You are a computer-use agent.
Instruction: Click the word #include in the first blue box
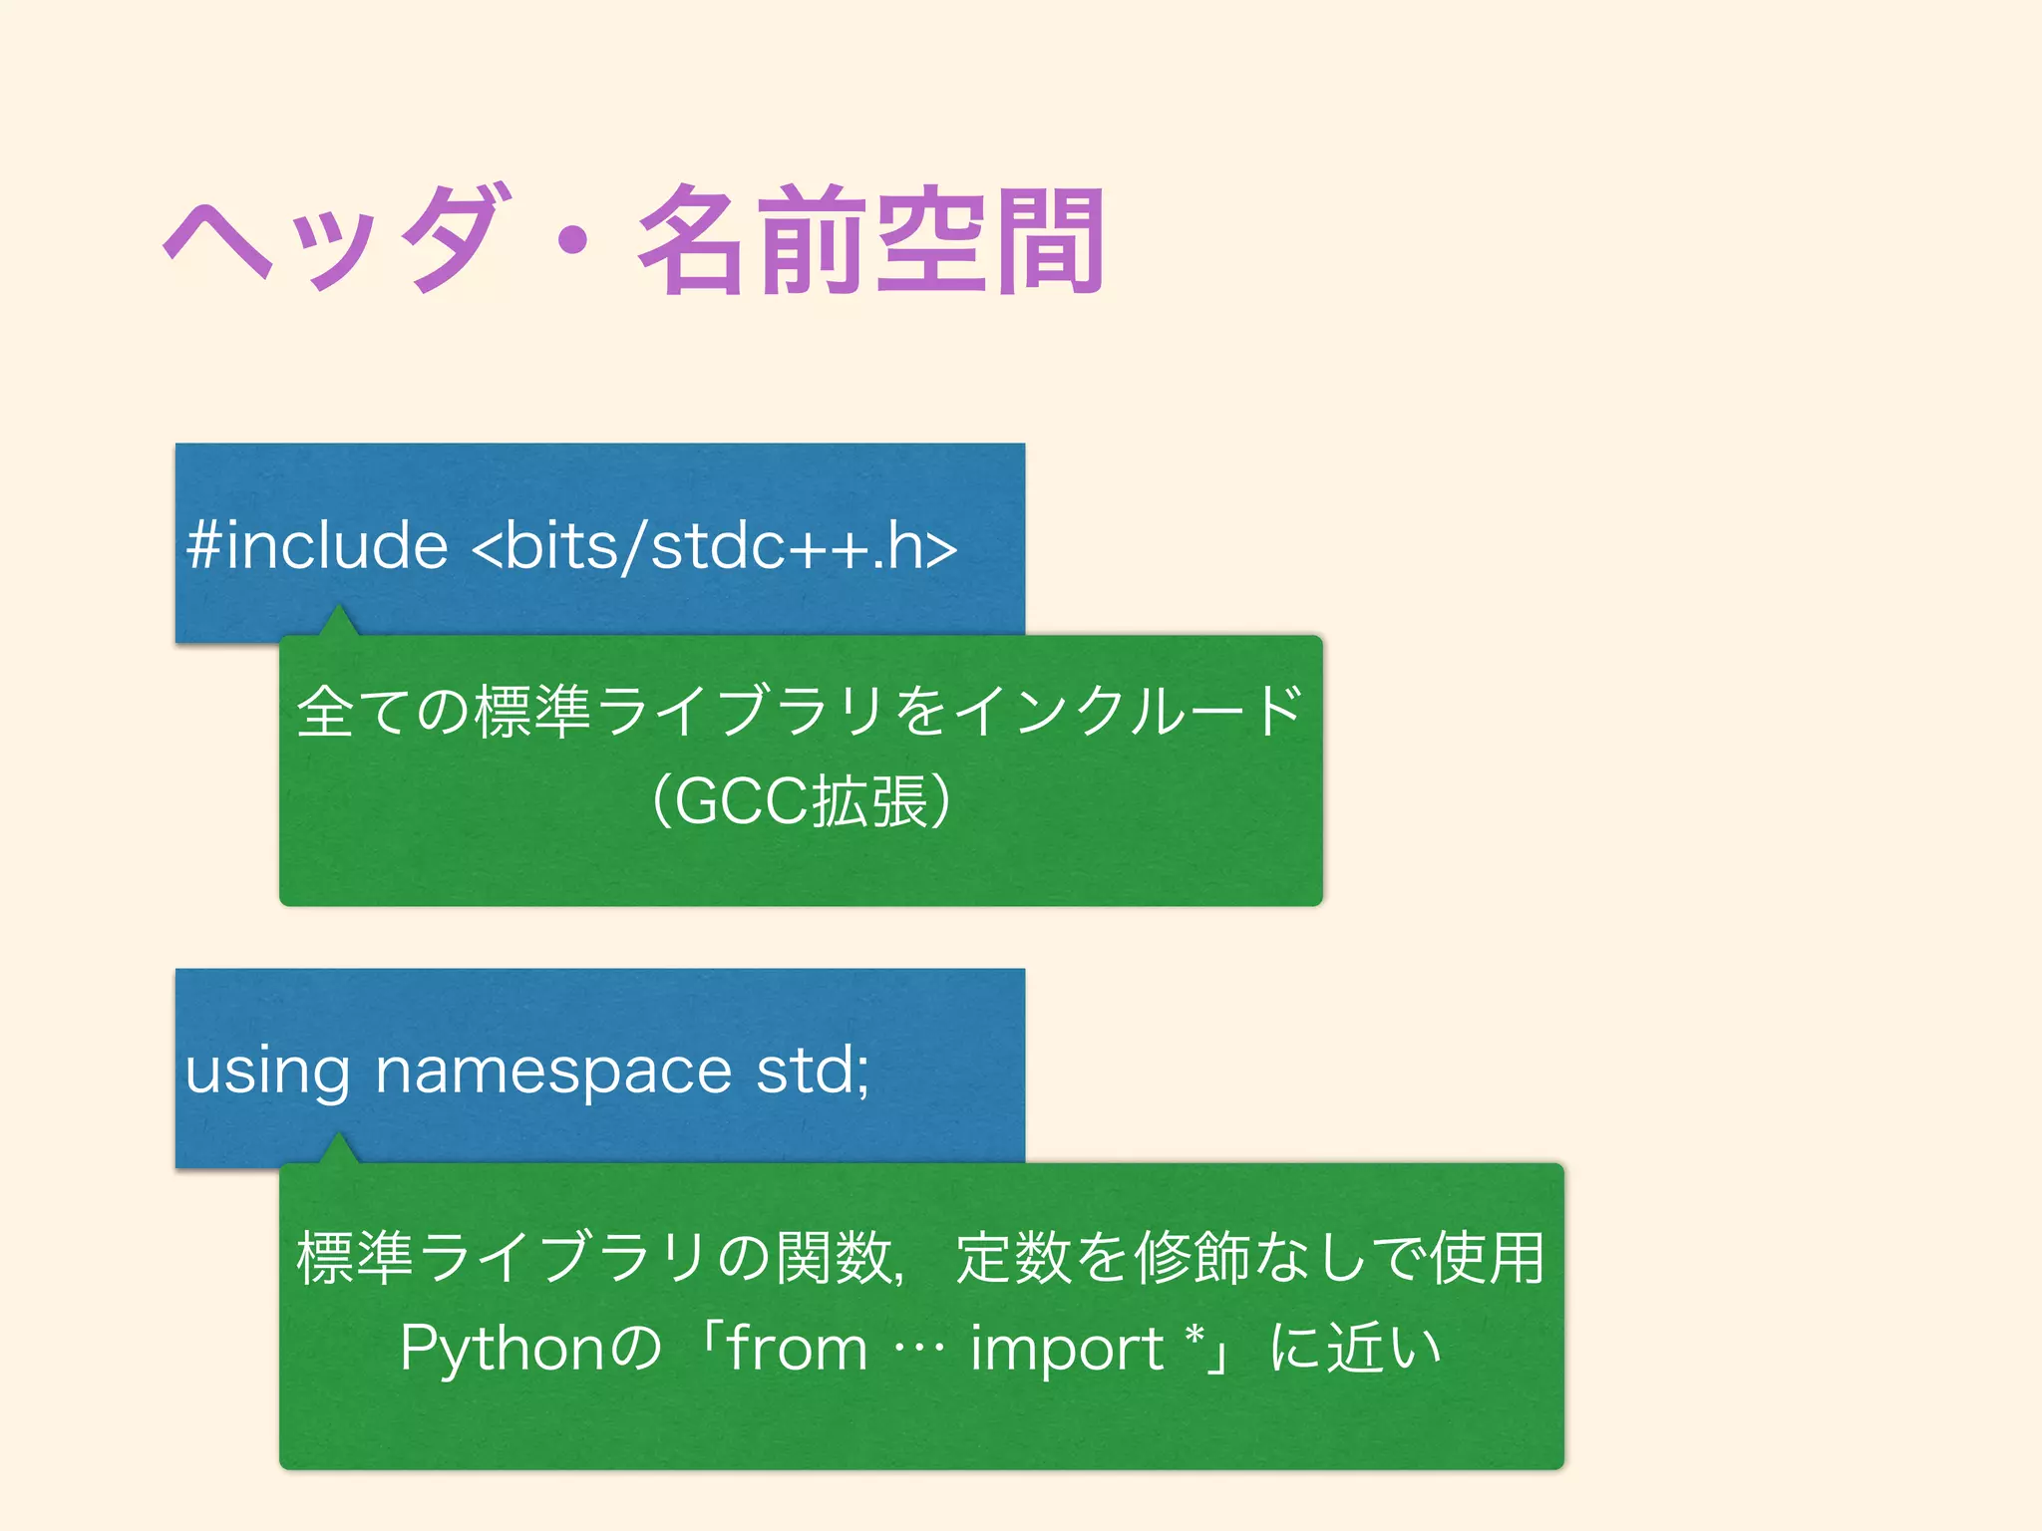coord(317,546)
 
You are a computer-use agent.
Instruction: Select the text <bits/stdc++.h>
coord(714,546)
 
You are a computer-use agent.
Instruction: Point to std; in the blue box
coord(813,1071)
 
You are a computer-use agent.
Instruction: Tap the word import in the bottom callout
coord(1067,1349)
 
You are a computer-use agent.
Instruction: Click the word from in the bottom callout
coord(797,1349)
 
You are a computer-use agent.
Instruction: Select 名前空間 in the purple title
coord(870,239)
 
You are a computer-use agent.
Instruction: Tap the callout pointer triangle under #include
coord(339,621)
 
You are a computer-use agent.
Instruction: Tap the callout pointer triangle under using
coord(339,1148)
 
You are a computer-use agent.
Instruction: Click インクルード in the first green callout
coord(1127,712)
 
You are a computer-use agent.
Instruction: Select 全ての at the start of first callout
coord(384,712)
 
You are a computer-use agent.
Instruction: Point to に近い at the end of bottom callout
coord(1356,1349)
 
